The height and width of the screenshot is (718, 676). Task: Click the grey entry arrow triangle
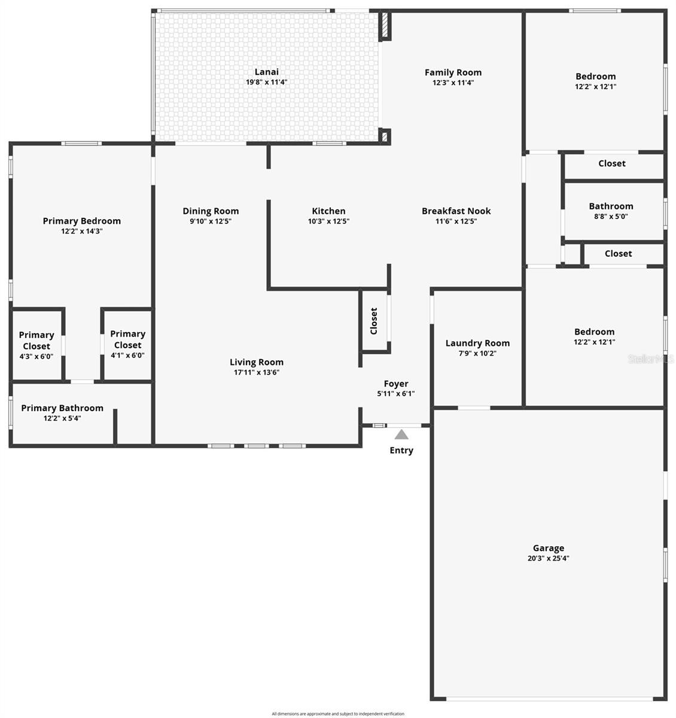click(401, 434)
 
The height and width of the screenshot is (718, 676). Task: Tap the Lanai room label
click(266, 72)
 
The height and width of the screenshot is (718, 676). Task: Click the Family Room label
click(453, 72)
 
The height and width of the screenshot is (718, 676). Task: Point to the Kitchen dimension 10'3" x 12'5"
click(328, 221)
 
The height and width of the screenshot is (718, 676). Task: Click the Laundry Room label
click(477, 343)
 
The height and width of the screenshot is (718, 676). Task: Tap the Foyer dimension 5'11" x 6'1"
click(395, 393)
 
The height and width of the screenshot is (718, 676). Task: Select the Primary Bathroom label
click(62, 408)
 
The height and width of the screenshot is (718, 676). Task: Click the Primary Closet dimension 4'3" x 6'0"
click(36, 356)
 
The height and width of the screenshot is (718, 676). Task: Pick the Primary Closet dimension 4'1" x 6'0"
click(127, 355)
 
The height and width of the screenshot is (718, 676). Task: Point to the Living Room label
click(256, 362)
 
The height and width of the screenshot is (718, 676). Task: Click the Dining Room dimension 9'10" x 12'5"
click(211, 221)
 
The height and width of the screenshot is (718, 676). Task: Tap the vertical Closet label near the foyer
click(373, 321)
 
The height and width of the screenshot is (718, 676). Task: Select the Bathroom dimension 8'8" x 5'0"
click(610, 216)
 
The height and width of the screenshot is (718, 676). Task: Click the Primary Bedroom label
click(82, 221)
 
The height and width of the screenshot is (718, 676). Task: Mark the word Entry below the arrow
click(401, 450)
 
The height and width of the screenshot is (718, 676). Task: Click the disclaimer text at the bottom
click(337, 714)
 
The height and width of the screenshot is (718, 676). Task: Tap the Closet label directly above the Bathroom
click(611, 163)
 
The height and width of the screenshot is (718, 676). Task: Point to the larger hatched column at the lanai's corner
click(385, 25)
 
